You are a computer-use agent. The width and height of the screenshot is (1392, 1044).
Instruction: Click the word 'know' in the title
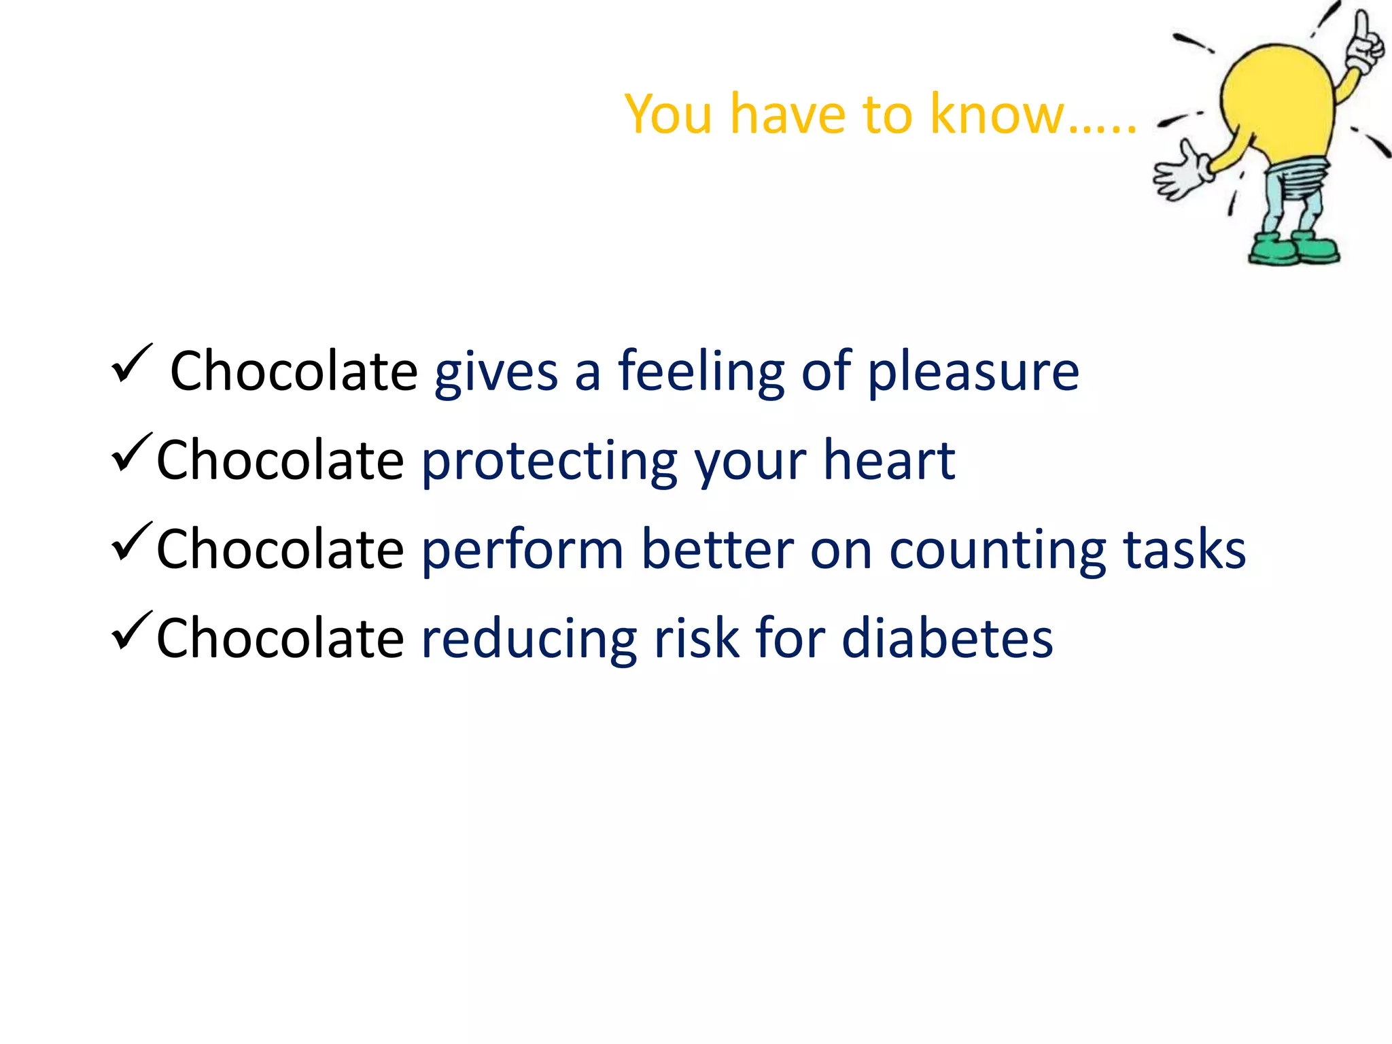(997, 114)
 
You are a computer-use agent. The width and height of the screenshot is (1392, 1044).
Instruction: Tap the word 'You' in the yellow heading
(669, 114)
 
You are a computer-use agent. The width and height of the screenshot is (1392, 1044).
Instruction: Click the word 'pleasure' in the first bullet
(973, 372)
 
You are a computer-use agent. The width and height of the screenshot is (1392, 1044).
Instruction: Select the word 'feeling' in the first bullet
(701, 372)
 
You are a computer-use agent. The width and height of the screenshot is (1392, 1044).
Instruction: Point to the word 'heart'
(889, 461)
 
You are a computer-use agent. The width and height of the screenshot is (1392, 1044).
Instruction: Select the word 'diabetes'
(947, 638)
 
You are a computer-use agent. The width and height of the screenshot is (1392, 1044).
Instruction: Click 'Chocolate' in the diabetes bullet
(280, 638)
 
